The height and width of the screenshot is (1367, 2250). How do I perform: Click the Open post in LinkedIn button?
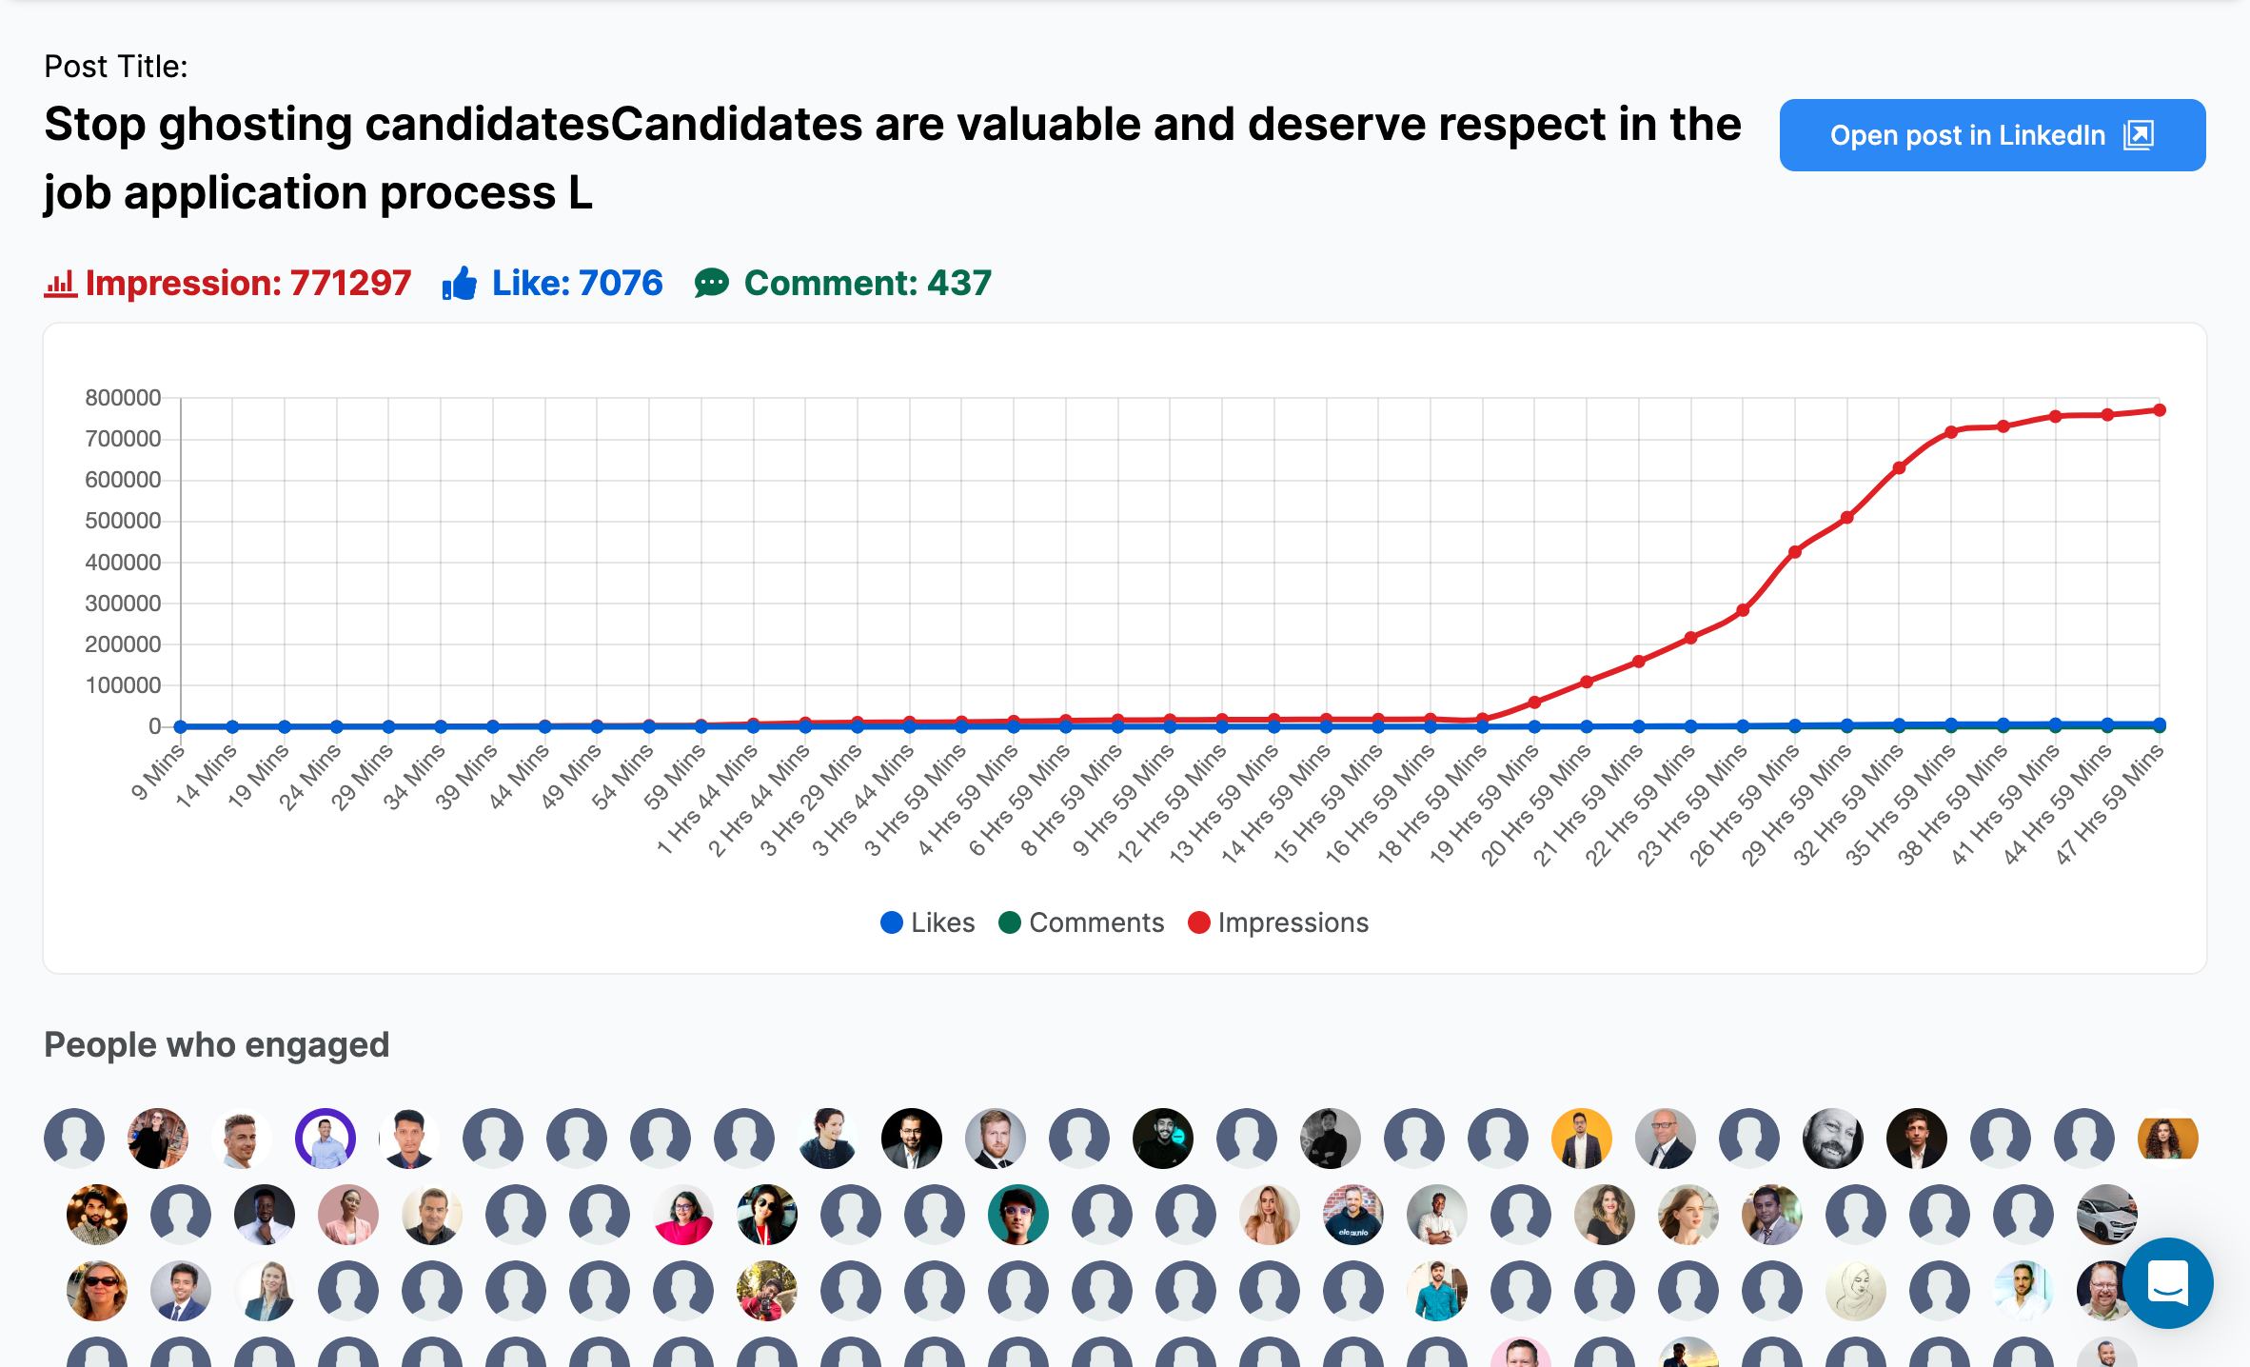pyautogui.click(x=1991, y=135)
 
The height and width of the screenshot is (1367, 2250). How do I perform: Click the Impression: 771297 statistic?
pyautogui.click(x=247, y=284)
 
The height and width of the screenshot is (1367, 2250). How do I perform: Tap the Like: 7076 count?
pyautogui.click(x=576, y=284)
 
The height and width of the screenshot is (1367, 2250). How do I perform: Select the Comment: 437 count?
pyautogui.click(x=866, y=284)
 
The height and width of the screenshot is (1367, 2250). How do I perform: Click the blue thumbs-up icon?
pyautogui.click(x=460, y=284)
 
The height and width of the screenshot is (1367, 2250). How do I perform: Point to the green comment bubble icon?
pyautogui.click(x=711, y=284)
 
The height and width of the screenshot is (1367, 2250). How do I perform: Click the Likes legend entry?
pyautogui.click(x=928, y=922)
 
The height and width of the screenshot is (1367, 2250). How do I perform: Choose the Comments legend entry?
pyautogui.click(x=1081, y=922)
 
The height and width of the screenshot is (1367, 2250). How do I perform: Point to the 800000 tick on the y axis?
pyautogui.click(x=123, y=398)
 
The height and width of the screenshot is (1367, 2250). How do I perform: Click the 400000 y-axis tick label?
pyautogui.click(x=123, y=563)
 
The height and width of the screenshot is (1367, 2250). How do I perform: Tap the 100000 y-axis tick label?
pyautogui.click(x=123, y=685)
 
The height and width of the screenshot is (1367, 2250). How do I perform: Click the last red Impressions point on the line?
pyautogui.click(x=2160, y=410)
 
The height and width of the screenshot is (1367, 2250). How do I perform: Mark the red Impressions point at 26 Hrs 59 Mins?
pyautogui.click(x=1795, y=552)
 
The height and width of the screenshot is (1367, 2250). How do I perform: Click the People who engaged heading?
pyautogui.click(x=217, y=1045)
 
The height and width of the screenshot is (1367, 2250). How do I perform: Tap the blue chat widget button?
pyautogui.click(x=2167, y=1283)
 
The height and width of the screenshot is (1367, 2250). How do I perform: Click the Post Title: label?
pyautogui.click(x=116, y=67)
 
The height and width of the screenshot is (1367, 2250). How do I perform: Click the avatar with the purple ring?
pyautogui.click(x=326, y=1139)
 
